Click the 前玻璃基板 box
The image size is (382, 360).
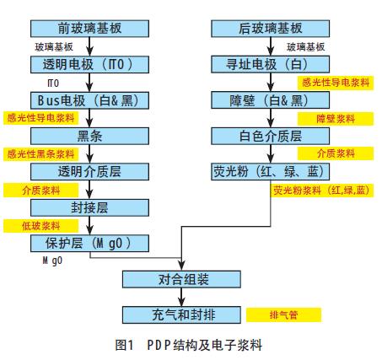click(89, 29)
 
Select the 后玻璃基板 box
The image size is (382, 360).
click(271, 29)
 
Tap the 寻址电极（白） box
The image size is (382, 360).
click(271, 64)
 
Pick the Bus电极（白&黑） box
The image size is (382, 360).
click(89, 100)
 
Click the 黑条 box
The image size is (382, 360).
click(89, 136)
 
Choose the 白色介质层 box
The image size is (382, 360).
click(271, 136)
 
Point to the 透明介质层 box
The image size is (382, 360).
click(89, 172)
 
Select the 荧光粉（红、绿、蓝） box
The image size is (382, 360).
click(271, 171)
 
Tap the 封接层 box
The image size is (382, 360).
click(89, 207)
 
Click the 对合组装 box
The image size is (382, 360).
click(181, 279)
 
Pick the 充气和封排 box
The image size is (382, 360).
click(181, 314)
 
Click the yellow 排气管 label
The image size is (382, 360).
click(284, 315)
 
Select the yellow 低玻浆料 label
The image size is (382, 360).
click(41, 226)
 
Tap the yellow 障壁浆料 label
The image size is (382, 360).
click(336, 119)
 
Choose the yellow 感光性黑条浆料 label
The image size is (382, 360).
click(41, 154)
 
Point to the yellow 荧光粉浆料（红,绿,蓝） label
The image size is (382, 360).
click(322, 191)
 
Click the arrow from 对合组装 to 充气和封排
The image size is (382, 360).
click(181, 297)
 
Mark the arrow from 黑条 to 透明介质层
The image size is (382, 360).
click(89, 154)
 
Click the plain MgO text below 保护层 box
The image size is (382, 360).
click(52, 261)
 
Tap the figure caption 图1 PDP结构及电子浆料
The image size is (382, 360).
click(189, 345)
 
